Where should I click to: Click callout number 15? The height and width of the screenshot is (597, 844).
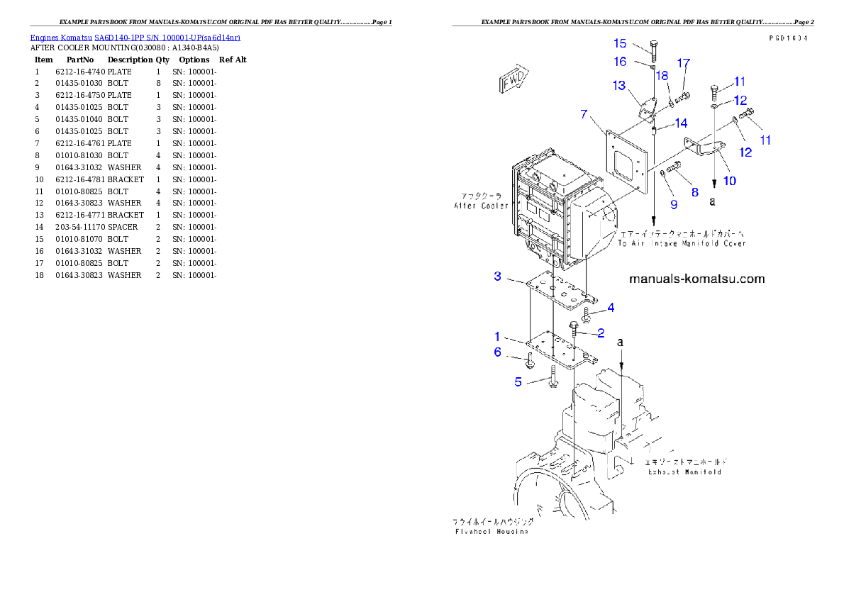coord(620,43)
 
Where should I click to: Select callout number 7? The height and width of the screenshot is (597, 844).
coord(584,114)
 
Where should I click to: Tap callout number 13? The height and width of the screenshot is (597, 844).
coord(619,86)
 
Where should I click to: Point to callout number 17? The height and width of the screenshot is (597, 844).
coord(683,64)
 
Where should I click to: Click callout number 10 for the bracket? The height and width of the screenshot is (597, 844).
coord(729,181)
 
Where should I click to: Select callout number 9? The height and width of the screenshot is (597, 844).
coord(674,204)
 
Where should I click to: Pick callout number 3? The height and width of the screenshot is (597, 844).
coord(498,277)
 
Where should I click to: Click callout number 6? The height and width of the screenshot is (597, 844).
coord(497,352)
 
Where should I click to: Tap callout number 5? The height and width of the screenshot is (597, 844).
coord(518,382)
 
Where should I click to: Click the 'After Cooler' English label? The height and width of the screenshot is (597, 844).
coord(482,206)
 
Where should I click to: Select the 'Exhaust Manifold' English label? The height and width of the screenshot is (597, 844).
coord(684,472)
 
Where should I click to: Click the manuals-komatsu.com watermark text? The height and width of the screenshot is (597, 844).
coord(697,279)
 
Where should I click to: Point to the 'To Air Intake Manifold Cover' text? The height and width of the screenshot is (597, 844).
coord(681,243)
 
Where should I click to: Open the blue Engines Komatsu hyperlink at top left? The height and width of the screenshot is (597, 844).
coord(135,38)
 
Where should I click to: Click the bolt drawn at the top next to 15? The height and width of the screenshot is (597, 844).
coord(654,49)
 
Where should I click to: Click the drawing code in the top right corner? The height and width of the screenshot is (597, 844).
coord(788,39)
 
